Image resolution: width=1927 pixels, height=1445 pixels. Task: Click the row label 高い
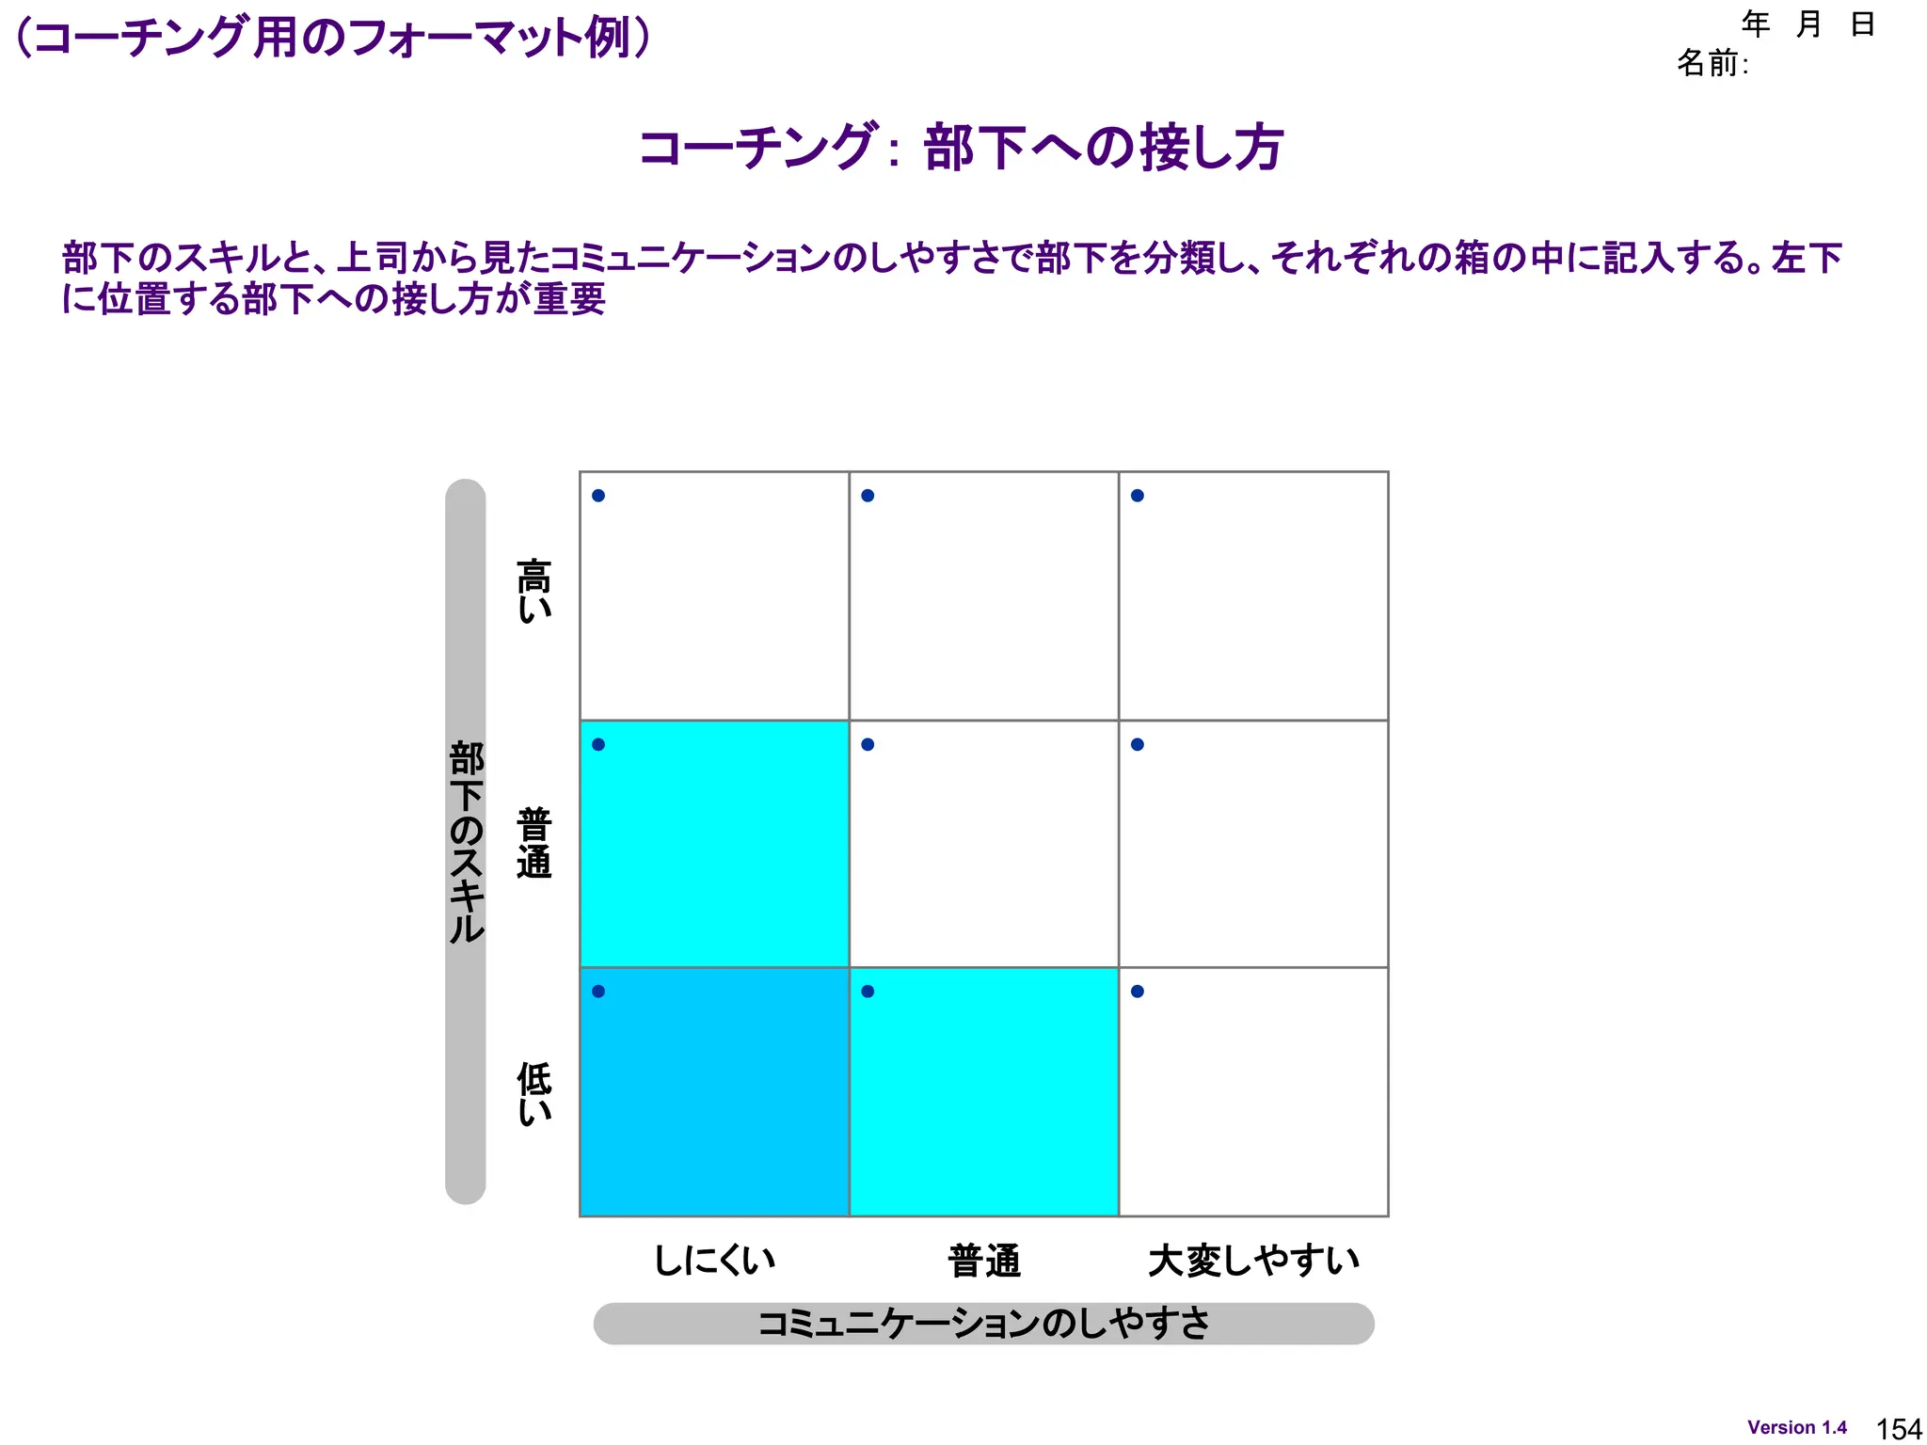pyautogui.click(x=534, y=591)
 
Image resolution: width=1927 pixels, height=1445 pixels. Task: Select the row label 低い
pyautogui.click(x=534, y=1093)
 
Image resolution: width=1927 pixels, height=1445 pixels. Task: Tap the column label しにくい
pyautogui.click(x=714, y=1260)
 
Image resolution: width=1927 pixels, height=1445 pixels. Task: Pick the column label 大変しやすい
pyautogui.click(x=1253, y=1260)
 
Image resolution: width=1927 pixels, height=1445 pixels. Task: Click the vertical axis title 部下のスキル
pyautogui.click(x=466, y=842)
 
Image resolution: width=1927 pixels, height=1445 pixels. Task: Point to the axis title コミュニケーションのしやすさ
pyautogui.click(x=983, y=1323)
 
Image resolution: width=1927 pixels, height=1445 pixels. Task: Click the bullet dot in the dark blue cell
pyautogui.click(x=598, y=992)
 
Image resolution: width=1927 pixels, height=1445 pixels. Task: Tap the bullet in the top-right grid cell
pyautogui.click(x=1138, y=496)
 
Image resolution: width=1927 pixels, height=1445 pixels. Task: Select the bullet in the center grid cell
pyautogui.click(x=868, y=744)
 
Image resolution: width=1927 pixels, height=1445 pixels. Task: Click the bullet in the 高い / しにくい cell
pyautogui.click(x=598, y=496)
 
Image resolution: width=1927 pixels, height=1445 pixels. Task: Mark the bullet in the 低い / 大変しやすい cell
pyautogui.click(x=1138, y=992)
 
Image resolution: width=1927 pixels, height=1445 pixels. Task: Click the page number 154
pyautogui.click(x=1899, y=1429)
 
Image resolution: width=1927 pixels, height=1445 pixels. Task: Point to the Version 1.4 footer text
pyautogui.click(x=1797, y=1427)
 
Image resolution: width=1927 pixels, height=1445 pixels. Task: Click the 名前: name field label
pyautogui.click(x=1712, y=63)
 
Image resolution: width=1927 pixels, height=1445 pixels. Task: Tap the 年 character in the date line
pyautogui.click(x=1756, y=24)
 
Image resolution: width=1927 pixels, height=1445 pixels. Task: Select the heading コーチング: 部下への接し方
pyautogui.click(x=961, y=148)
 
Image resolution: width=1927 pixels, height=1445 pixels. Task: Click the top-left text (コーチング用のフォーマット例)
pyautogui.click(x=334, y=39)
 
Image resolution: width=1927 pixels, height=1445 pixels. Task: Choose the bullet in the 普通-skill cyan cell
pyautogui.click(x=598, y=744)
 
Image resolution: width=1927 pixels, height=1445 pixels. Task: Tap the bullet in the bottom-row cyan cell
pyautogui.click(x=868, y=992)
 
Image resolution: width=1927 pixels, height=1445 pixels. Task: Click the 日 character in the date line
pyautogui.click(x=1863, y=24)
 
